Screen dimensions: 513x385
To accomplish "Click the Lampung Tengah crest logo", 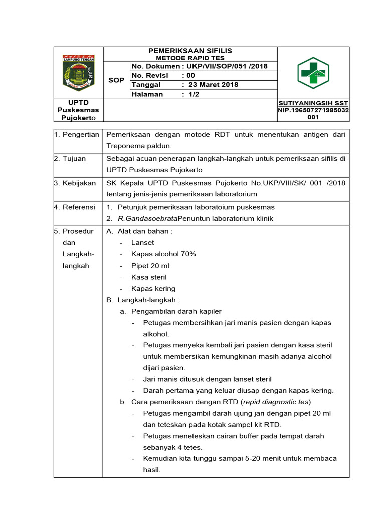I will coord(78,73).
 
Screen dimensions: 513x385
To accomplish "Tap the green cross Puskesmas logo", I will coord(313,73).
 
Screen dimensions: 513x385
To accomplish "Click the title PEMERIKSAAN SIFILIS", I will coord(190,51).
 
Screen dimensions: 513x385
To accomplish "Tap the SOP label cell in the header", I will coord(116,80).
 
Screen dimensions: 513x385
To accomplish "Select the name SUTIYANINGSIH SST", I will coord(313,103).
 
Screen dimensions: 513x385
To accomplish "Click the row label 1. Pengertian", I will coord(77,134).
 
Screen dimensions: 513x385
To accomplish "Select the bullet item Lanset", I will coord(142,242).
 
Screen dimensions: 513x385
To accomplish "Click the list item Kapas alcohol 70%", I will coord(163,254).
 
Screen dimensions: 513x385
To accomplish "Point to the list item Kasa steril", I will coord(149,277).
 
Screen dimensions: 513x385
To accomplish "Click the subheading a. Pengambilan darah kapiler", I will coord(170,311).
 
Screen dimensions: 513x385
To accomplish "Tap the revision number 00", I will coord(191,75).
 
